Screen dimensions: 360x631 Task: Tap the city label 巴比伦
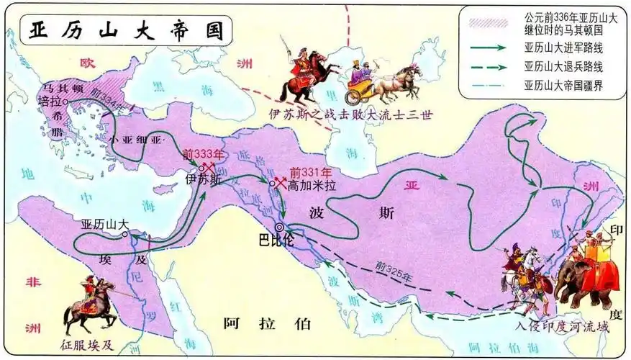pos(276,240)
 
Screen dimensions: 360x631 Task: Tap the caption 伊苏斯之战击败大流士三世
pos(350,114)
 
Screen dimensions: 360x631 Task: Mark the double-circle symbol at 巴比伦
pos(278,226)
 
